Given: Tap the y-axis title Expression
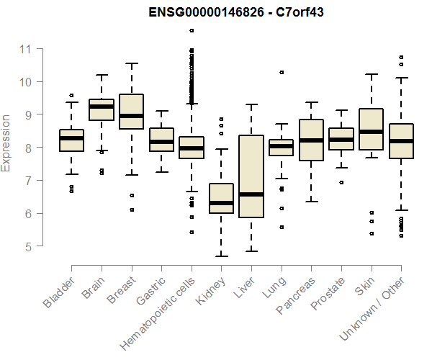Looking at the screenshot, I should coord(6,143).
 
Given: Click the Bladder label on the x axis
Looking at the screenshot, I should coord(59,292).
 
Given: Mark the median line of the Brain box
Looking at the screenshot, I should coord(102,107).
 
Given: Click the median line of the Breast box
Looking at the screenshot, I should coord(131,115).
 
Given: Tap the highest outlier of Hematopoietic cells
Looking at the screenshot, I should coord(191,30).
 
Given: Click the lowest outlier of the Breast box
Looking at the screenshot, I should coord(131,210).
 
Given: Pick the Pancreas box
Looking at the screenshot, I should coord(311,140).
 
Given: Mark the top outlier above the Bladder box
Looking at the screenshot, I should coord(71,95).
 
